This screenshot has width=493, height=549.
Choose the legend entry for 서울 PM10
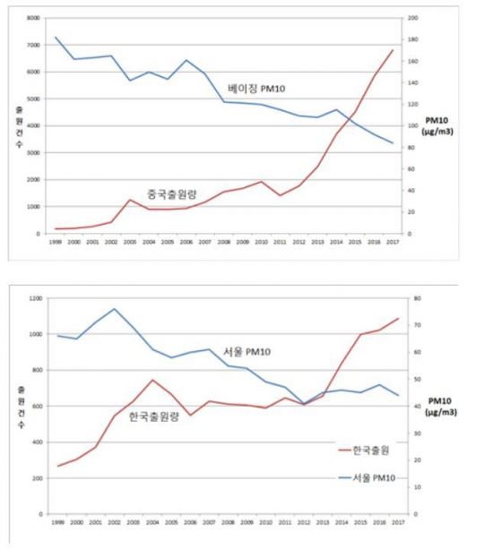[368, 481]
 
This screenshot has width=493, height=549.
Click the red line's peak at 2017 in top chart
[392, 50]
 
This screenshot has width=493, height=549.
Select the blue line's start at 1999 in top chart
[56, 38]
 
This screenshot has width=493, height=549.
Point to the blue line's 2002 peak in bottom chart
[113, 309]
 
